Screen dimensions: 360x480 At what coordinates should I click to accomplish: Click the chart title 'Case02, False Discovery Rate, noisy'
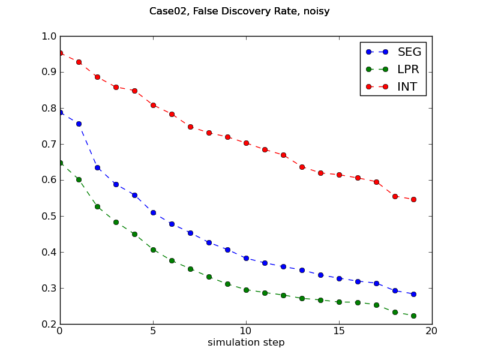pos(239,11)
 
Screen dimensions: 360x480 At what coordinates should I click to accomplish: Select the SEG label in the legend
pos(409,52)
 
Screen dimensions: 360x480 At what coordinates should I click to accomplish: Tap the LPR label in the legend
pos(408,69)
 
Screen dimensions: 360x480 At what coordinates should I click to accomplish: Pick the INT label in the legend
pos(407,86)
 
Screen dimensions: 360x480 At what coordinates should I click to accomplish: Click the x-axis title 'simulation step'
pos(246,343)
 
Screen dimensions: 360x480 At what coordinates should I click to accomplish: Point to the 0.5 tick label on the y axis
pos(49,216)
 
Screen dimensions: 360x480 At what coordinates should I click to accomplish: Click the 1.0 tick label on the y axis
pos(49,36)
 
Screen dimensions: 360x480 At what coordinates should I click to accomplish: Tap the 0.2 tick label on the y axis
pos(49,324)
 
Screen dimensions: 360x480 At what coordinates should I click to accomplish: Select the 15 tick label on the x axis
pos(339,331)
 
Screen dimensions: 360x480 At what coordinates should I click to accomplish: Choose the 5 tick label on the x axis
pos(153,331)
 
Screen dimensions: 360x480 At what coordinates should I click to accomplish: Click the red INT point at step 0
pos(60,53)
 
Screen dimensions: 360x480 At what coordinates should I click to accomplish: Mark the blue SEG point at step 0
pos(60,112)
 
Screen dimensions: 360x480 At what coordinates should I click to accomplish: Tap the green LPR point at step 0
pos(60,163)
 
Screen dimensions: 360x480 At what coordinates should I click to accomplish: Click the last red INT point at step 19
pos(413,199)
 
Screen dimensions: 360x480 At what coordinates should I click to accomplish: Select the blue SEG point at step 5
pos(153,212)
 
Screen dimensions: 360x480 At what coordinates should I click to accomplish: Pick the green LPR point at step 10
pos(246,290)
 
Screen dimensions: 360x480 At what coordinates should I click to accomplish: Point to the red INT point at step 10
pos(246,143)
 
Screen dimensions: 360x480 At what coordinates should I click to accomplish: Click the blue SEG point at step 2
pos(97,167)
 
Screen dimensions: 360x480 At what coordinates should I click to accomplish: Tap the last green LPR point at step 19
pos(413,316)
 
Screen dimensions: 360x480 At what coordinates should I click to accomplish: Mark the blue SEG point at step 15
pos(339,278)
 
